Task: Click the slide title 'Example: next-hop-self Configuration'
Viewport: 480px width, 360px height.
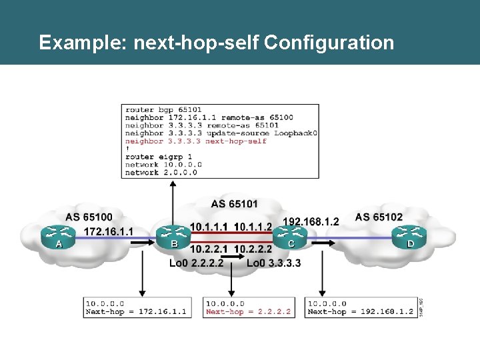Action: [x=216, y=43]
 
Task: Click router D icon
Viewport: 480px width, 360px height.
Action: [x=407, y=234]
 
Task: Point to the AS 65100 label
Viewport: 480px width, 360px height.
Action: [x=89, y=217]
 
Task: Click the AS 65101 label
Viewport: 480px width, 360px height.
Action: [x=234, y=203]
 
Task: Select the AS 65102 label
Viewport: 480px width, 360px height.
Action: [x=379, y=217]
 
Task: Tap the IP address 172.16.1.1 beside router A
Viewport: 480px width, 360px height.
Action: [x=109, y=231]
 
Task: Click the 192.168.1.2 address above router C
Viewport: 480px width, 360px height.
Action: [x=311, y=221]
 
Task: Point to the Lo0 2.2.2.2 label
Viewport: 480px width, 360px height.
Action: [x=196, y=263]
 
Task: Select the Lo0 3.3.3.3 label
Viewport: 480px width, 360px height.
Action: [x=273, y=263]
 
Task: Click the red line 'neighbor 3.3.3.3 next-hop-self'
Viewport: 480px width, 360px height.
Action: [x=195, y=141]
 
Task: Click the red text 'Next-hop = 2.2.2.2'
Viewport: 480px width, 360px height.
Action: [x=248, y=311]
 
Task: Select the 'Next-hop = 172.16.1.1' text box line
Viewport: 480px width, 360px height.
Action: [x=135, y=311]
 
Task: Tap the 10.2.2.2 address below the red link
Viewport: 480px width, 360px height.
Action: [x=253, y=249]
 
